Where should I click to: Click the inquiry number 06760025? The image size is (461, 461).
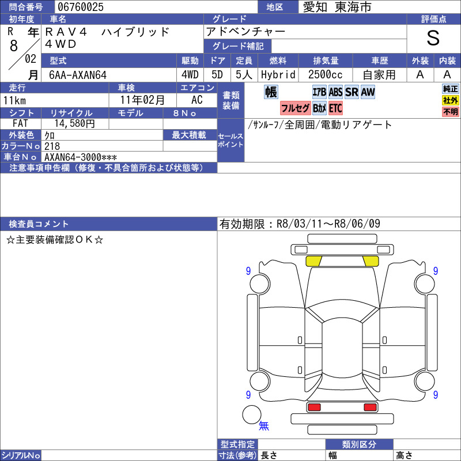[x=81, y=7]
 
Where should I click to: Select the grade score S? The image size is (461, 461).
[x=433, y=38]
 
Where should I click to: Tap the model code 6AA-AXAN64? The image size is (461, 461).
[x=78, y=75]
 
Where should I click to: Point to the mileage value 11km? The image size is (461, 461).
[x=15, y=100]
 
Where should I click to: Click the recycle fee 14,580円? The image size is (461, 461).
[x=75, y=123]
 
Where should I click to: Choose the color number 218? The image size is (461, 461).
[x=52, y=146]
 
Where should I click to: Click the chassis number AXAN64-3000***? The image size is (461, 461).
[x=81, y=157]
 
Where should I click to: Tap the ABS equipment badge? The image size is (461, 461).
[x=335, y=92]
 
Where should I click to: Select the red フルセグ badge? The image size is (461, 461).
[x=295, y=108]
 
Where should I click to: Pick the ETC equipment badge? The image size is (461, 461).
[x=335, y=108]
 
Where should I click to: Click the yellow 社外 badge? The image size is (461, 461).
[x=451, y=100]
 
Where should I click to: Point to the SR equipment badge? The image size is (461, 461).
[x=352, y=92]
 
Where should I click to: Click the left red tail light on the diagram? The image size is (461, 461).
[x=314, y=407]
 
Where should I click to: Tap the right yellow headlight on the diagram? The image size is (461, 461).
[x=371, y=261]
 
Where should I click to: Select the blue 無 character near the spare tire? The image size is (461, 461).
[x=264, y=425]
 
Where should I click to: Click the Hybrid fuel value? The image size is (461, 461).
[x=278, y=75]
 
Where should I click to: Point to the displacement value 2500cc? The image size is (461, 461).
[x=326, y=75]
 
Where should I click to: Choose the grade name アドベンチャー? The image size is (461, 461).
[x=245, y=32]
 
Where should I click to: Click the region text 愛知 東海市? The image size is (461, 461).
[x=337, y=7]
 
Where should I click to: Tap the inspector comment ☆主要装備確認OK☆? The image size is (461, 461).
[x=55, y=240]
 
